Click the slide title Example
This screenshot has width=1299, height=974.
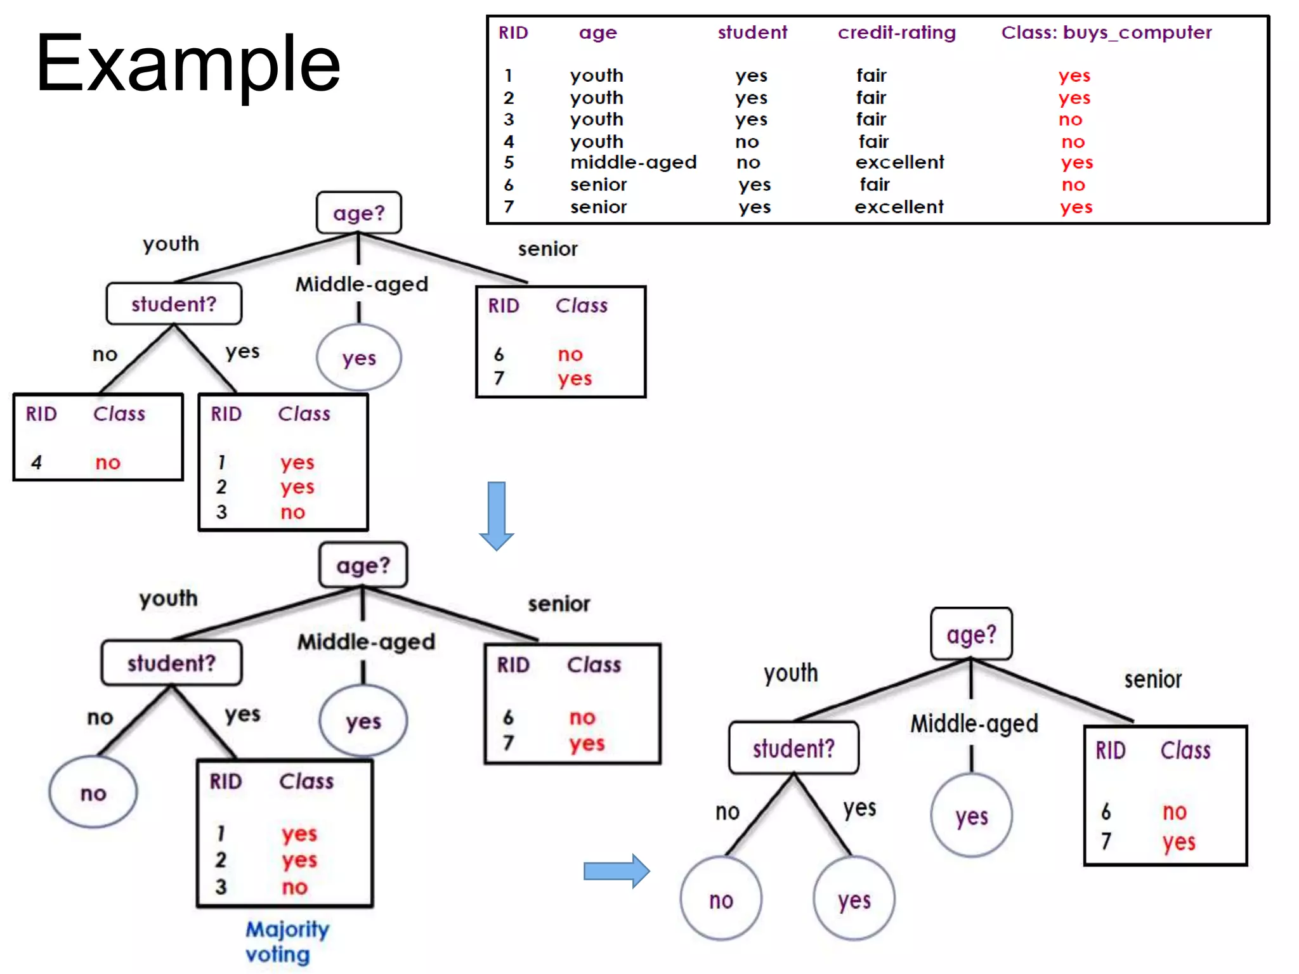point(188,64)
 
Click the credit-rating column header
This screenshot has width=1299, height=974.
point(896,32)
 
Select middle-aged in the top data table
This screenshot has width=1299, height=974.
point(633,162)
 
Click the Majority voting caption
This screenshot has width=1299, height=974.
point(287,942)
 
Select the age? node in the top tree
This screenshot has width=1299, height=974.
point(359,213)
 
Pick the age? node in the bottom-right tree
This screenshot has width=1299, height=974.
point(971,634)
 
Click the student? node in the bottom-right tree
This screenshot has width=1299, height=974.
point(793,748)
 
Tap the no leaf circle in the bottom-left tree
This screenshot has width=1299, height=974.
point(93,793)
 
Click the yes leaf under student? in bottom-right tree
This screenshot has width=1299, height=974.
point(854,899)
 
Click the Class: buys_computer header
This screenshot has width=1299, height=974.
point(1106,32)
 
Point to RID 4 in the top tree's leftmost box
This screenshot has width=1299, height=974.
point(37,462)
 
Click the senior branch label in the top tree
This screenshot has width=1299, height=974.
point(547,249)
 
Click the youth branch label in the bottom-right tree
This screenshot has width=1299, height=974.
point(790,673)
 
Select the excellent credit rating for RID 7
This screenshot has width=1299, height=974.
point(899,207)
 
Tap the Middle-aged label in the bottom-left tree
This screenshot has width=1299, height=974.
point(366,642)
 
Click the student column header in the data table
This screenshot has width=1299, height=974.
point(752,32)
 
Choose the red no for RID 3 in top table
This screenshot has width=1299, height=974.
point(1070,119)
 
